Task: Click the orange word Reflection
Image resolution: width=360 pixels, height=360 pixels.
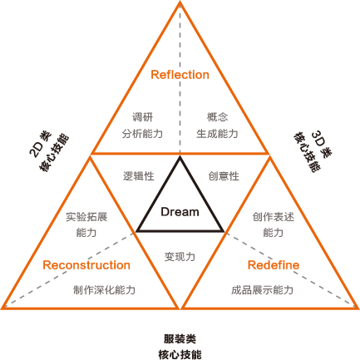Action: point(180,75)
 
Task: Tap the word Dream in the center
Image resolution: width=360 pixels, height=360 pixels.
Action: point(180,212)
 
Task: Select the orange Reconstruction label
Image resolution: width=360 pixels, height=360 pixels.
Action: point(86,265)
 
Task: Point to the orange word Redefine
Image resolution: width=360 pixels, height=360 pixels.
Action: point(274,265)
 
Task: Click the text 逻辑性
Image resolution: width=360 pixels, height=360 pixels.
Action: point(139,176)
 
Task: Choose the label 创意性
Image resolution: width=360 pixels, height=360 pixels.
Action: point(224,176)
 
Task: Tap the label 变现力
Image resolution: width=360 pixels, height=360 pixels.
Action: point(180,257)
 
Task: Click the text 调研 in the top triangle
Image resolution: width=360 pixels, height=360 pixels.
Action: point(142,117)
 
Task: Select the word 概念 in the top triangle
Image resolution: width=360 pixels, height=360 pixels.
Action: point(218,117)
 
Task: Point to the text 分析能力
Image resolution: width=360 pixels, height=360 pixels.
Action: point(142,134)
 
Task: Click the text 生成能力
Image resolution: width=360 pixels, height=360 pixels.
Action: point(218,134)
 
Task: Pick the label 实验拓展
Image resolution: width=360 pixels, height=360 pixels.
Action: point(86,217)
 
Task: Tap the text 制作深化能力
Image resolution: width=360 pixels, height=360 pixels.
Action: point(104,290)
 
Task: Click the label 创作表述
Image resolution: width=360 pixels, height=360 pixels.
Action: point(274,217)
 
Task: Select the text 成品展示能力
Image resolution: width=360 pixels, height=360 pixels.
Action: point(262,290)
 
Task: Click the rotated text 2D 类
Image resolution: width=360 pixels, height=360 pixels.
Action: point(41,144)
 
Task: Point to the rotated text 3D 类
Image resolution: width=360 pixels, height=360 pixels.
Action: point(322,144)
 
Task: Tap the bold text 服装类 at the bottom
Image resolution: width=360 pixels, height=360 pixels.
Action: point(180,339)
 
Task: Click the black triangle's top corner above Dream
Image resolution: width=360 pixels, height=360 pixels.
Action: point(180,157)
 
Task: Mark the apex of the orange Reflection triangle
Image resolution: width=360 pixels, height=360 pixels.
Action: point(180,2)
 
